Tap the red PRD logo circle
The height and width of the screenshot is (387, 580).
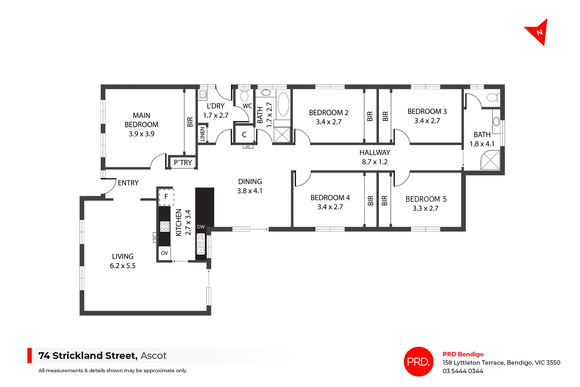click(x=418, y=361)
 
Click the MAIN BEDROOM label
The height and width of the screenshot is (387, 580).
click(x=141, y=120)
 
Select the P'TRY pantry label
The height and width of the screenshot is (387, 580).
click(x=183, y=163)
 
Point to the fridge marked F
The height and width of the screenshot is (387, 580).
click(x=166, y=197)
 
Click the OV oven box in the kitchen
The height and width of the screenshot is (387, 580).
click(x=164, y=253)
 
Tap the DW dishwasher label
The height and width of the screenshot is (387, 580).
click(x=201, y=227)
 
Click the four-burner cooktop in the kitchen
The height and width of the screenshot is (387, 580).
click(x=164, y=227)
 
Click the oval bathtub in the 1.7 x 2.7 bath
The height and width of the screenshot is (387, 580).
click(x=283, y=104)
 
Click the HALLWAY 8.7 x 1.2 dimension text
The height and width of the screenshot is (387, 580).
click(x=375, y=162)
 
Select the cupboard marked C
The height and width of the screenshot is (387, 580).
click(x=244, y=135)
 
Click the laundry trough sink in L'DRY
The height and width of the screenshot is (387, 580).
click(x=203, y=95)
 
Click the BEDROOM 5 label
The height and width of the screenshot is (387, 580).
click(x=426, y=199)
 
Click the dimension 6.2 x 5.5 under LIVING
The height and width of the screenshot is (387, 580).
click(x=123, y=266)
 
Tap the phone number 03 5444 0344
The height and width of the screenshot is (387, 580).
click(x=463, y=371)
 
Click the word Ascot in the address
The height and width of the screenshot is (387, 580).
click(x=153, y=356)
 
